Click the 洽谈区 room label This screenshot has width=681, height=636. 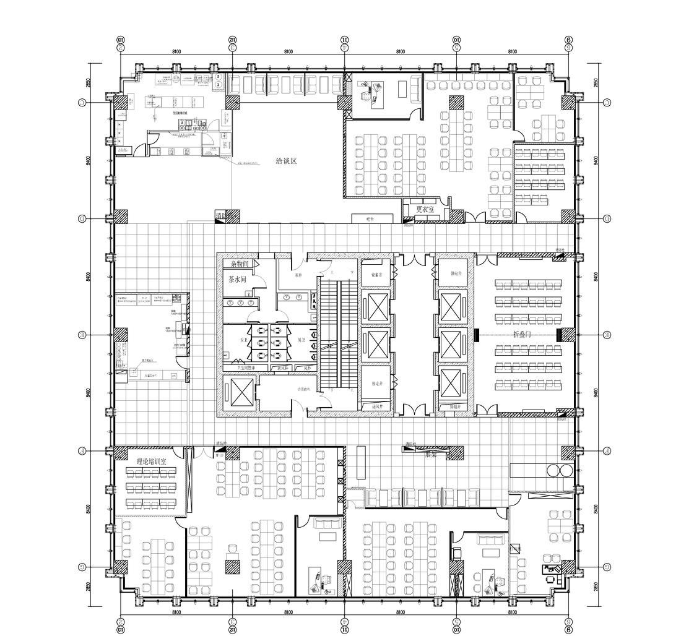287,161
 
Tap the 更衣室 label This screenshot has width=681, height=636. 425,209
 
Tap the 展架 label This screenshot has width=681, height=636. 431,455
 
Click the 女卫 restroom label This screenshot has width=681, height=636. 244,340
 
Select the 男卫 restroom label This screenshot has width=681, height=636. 301,340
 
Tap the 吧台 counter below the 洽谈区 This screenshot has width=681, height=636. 371,218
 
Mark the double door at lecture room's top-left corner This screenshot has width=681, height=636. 487,259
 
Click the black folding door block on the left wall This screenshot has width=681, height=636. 477,335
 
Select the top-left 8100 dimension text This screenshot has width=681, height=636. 176,52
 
